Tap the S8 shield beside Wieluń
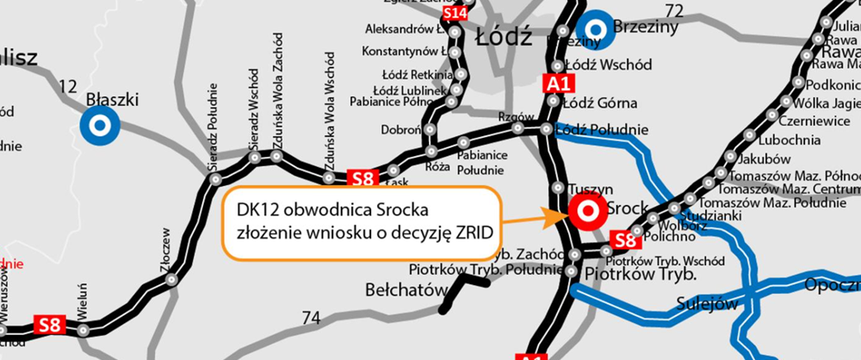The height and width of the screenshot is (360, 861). (x=49, y=325)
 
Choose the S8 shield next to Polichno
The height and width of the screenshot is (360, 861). (x=623, y=239)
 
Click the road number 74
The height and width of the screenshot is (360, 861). (x=311, y=318)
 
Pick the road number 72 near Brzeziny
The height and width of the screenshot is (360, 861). (x=674, y=11)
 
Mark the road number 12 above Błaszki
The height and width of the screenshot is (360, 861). (x=69, y=86)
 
